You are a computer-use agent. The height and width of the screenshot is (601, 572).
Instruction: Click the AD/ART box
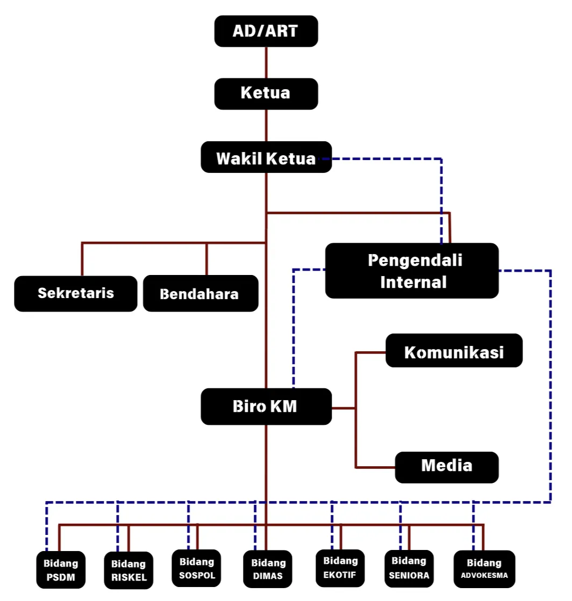click(x=266, y=31)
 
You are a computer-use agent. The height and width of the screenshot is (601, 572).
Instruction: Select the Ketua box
click(x=266, y=93)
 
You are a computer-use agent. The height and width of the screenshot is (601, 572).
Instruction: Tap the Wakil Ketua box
click(x=266, y=157)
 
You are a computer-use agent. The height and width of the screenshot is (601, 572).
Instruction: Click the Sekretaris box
click(x=76, y=293)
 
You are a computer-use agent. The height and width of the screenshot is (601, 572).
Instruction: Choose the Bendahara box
click(x=200, y=294)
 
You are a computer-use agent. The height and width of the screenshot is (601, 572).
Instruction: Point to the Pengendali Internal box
click(x=412, y=271)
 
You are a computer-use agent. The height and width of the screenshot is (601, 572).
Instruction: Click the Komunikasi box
click(x=454, y=351)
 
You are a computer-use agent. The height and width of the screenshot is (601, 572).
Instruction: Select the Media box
click(x=446, y=466)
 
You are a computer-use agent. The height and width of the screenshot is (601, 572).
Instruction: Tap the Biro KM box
click(x=266, y=407)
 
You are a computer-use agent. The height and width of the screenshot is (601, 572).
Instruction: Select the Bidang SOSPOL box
click(x=197, y=568)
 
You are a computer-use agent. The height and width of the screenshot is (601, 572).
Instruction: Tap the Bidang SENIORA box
click(x=409, y=568)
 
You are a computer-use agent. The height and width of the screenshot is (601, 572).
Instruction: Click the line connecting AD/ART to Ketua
click(x=266, y=62)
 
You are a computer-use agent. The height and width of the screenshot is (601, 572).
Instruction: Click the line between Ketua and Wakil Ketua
click(x=266, y=125)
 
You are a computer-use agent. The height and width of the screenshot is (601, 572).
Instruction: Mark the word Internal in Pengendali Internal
click(x=413, y=282)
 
